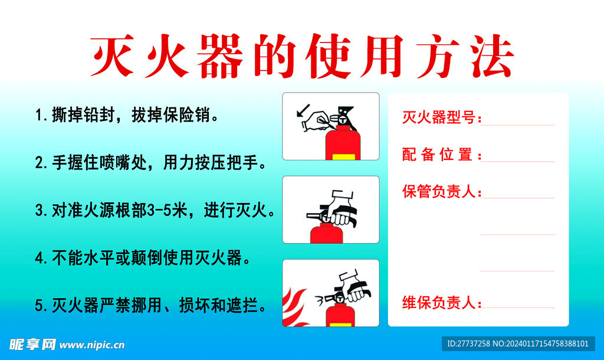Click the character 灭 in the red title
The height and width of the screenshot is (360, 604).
pyautogui.click(x=111, y=57)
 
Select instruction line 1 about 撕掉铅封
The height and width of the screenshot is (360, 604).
pyautogui.click(x=127, y=114)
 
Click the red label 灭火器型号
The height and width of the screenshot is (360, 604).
pyautogui.click(x=440, y=117)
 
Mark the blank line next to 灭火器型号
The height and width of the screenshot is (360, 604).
pyautogui.click(x=518, y=125)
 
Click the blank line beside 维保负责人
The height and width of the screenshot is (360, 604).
pyautogui.click(x=518, y=307)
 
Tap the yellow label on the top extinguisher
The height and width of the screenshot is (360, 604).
pyautogui.click(x=343, y=157)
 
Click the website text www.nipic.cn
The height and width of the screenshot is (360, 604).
pyautogui.click(x=92, y=345)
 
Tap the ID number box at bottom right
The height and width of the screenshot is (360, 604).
pyautogui.click(x=518, y=343)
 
